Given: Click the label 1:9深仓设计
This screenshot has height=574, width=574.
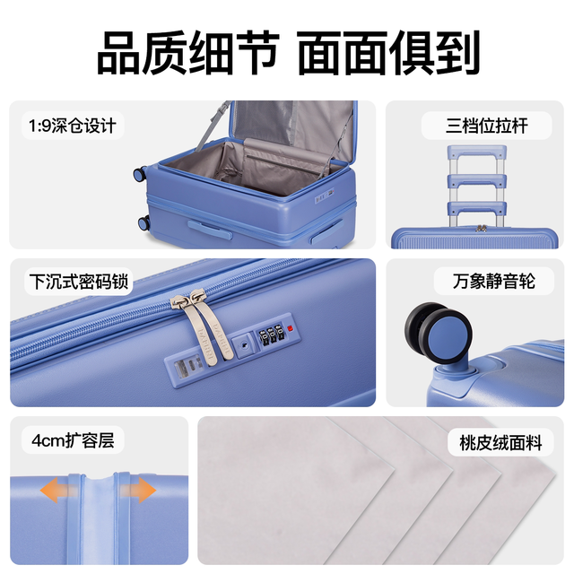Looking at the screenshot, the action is [73, 126].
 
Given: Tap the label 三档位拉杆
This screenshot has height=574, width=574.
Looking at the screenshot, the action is [486, 126].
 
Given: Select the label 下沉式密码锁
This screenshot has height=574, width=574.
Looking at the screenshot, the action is [79, 282].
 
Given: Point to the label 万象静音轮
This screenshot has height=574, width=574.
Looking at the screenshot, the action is [494, 281].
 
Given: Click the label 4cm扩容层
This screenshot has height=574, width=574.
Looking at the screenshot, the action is [73, 440].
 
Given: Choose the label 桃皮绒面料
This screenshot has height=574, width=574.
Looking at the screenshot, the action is [500, 442].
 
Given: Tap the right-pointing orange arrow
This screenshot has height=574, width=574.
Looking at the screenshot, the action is [138, 491].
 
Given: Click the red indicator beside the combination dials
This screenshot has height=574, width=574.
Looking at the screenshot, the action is [291, 328].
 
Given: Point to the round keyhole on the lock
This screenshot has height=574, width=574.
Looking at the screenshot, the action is [244, 344].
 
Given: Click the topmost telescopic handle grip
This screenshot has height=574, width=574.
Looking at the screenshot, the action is [476, 152].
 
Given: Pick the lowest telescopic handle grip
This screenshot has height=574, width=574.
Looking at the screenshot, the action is [476, 207].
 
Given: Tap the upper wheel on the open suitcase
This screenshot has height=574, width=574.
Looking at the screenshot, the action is [140, 174].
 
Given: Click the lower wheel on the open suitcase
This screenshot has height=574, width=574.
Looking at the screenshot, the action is [143, 222].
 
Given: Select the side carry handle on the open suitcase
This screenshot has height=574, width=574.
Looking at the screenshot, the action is [210, 230].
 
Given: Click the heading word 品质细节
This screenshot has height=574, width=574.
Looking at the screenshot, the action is [188, 53].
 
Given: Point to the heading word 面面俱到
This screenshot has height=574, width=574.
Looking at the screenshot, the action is [388, 53].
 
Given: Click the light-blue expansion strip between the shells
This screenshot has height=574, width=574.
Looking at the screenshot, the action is [99, 520].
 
